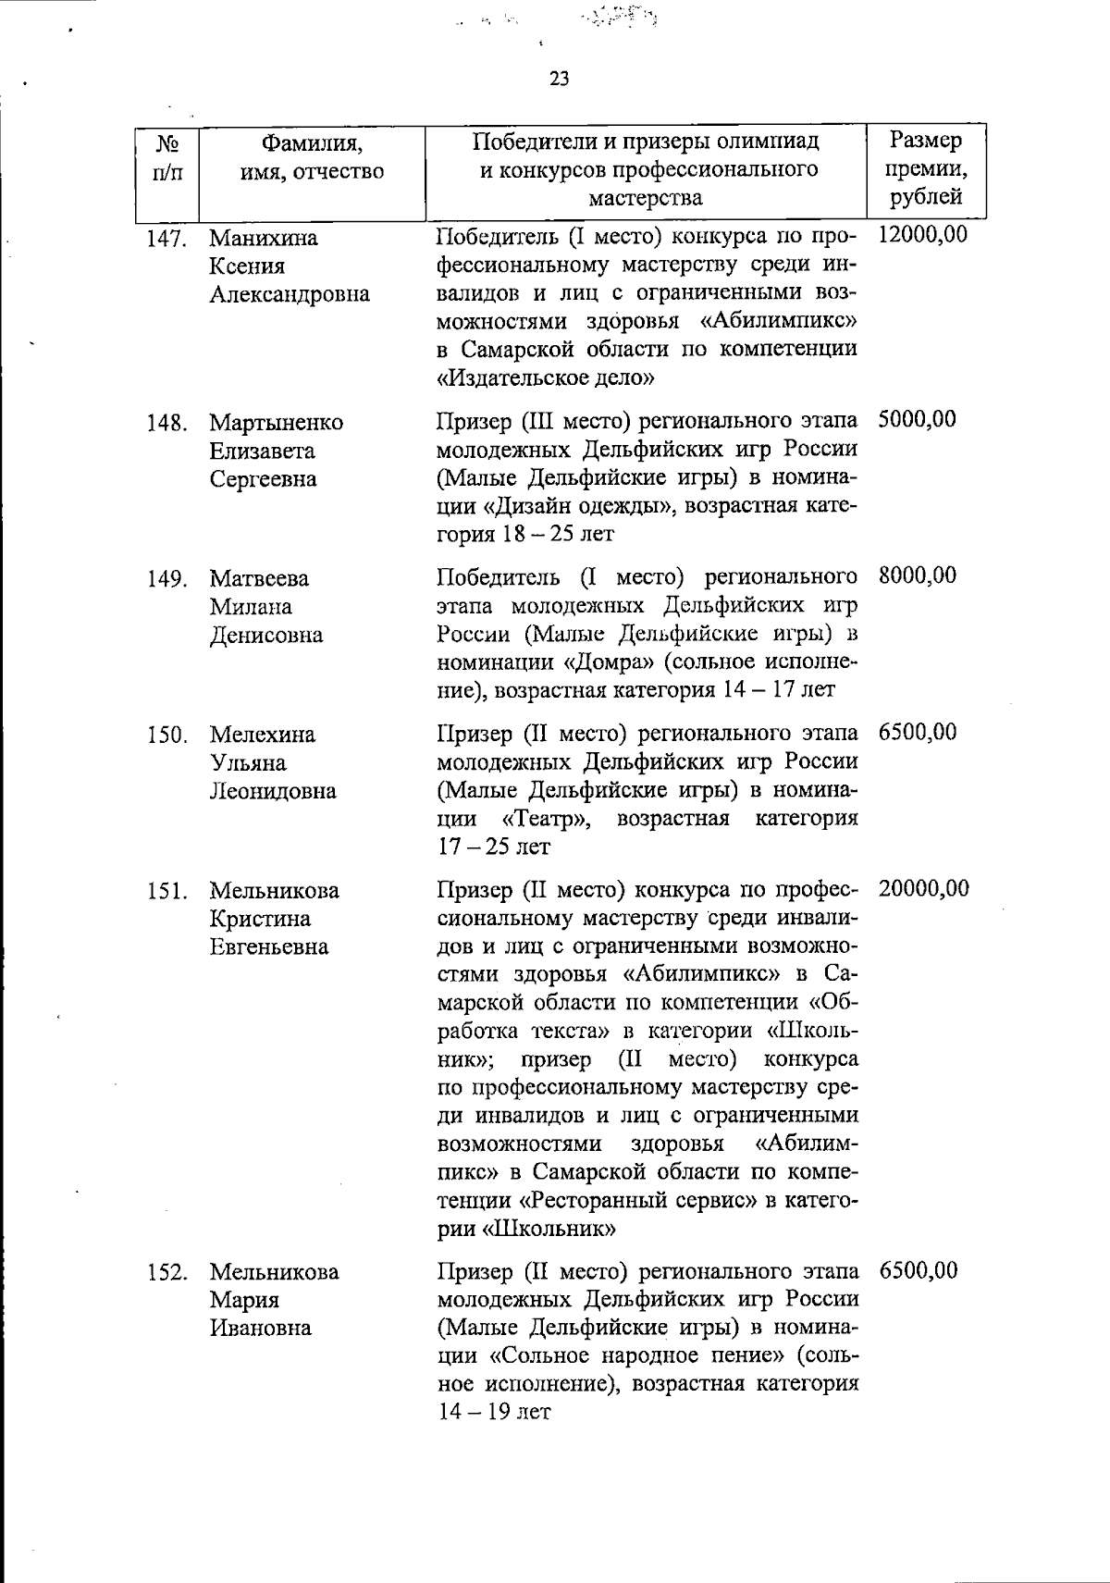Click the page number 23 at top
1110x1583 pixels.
559,79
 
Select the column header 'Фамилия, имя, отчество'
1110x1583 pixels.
312,157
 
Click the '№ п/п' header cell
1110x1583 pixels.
166,157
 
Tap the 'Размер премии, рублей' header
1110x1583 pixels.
925,168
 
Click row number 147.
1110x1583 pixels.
166,239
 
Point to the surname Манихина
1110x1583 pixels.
264,239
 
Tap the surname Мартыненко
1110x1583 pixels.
276,423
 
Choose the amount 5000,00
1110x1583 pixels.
917,419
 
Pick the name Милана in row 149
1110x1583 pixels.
250,607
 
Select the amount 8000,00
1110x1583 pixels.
917,575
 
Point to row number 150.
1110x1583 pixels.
166,736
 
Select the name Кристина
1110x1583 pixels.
259,919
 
